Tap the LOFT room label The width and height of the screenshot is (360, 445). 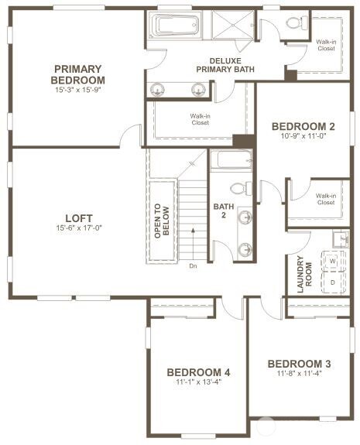79,217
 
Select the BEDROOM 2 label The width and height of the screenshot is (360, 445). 303,126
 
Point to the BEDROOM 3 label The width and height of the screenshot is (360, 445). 300,364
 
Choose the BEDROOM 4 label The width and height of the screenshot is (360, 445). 199,371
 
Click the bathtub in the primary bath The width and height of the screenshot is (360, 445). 177,26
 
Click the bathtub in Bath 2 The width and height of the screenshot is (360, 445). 231,161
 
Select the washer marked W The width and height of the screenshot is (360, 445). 334,262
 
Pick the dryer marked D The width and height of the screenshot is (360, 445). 334,282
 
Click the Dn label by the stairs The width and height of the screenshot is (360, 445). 193,265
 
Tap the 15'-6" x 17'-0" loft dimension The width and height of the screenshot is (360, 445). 79,228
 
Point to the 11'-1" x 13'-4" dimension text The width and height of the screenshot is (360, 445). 199,382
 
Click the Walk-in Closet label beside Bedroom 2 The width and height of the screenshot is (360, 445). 325,198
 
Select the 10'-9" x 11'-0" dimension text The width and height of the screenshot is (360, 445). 303,136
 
